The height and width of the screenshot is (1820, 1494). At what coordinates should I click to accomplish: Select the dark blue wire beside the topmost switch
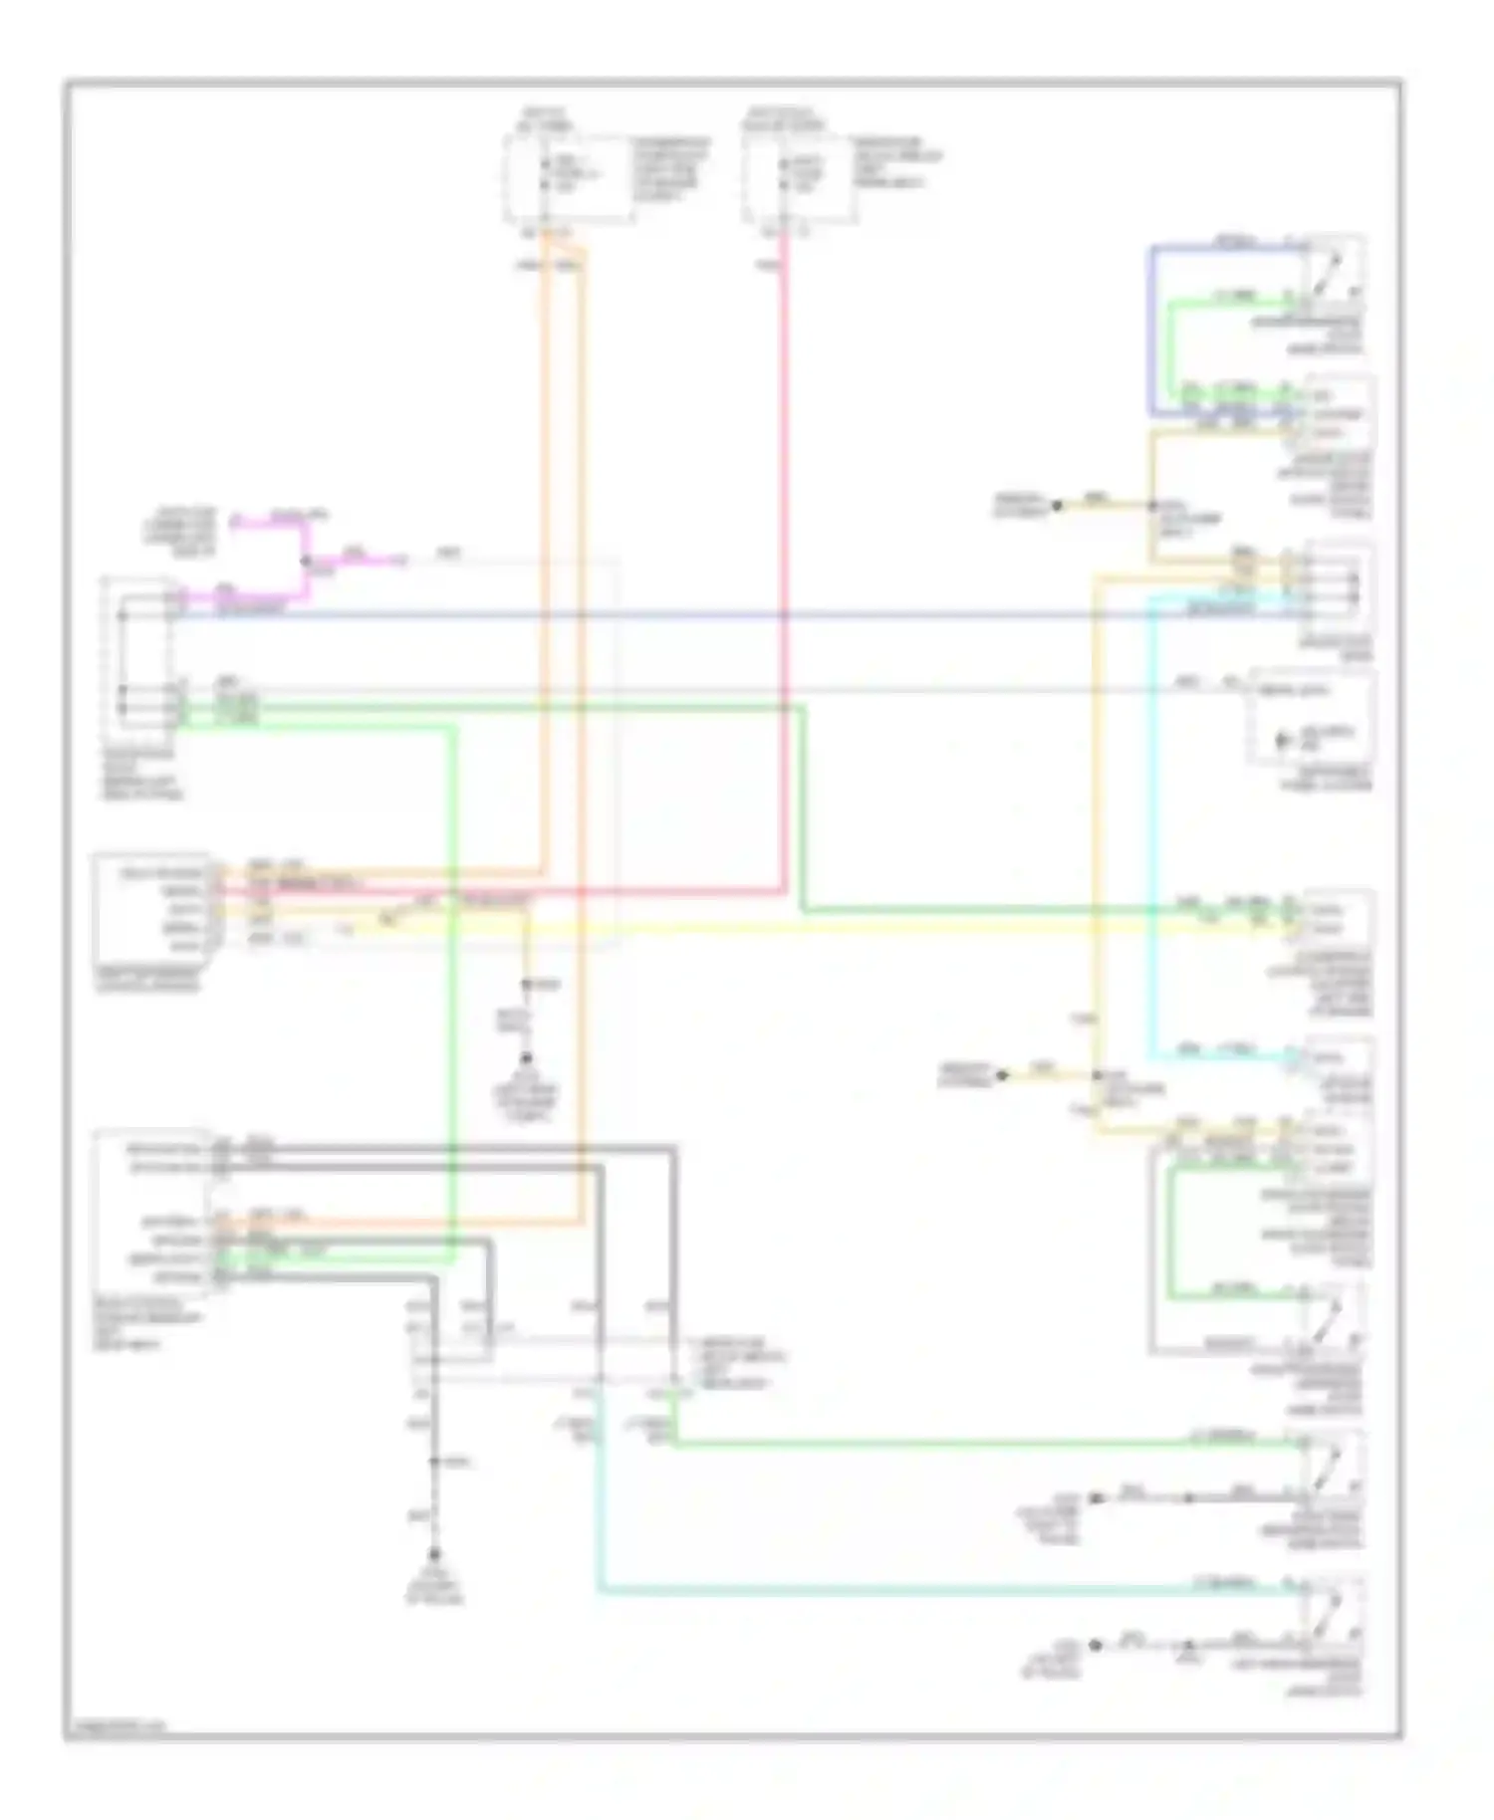point(1151,329)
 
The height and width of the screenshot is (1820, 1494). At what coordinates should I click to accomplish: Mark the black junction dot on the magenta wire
point(306,561)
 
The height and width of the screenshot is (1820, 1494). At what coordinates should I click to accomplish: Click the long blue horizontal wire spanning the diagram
point(697,615)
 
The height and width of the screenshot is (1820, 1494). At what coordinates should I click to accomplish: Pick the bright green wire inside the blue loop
point(1172,348)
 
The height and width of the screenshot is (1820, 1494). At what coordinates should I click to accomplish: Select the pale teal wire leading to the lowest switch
point(896,1591)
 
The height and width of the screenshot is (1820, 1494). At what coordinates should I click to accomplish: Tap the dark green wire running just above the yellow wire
point(996,909)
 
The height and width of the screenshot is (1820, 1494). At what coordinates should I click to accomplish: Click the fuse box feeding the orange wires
point(568,179)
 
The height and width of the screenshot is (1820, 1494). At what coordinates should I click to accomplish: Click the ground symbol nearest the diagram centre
point(527,1060)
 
